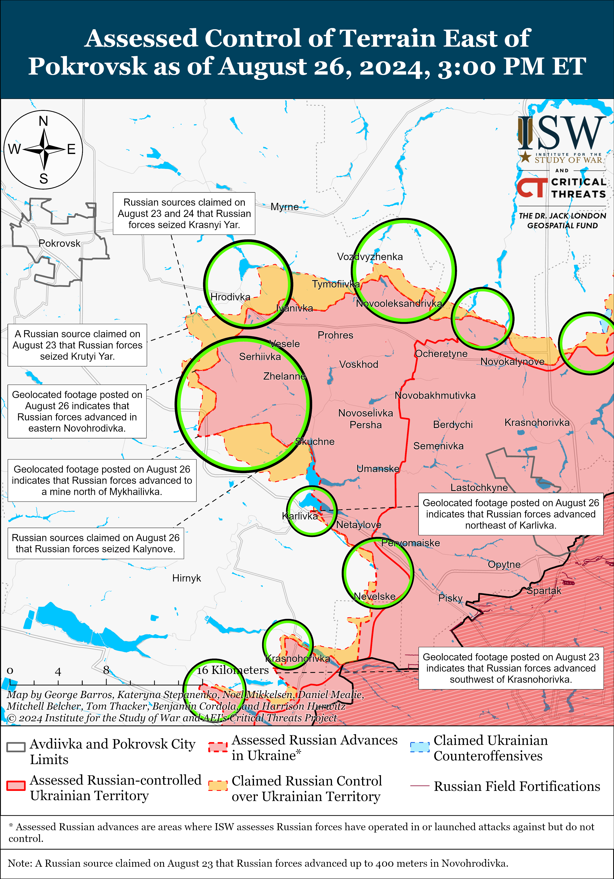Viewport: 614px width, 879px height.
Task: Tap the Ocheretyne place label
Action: tap(441, 354)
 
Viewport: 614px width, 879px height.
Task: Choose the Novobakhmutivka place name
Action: tap(435, 395)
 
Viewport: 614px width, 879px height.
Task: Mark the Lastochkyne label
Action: tap(479, 487)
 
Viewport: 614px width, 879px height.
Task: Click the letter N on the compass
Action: tap(43, 121)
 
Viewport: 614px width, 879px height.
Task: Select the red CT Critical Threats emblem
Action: tap(532, 187)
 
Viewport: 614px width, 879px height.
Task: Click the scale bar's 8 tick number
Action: tap(106, 670)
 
